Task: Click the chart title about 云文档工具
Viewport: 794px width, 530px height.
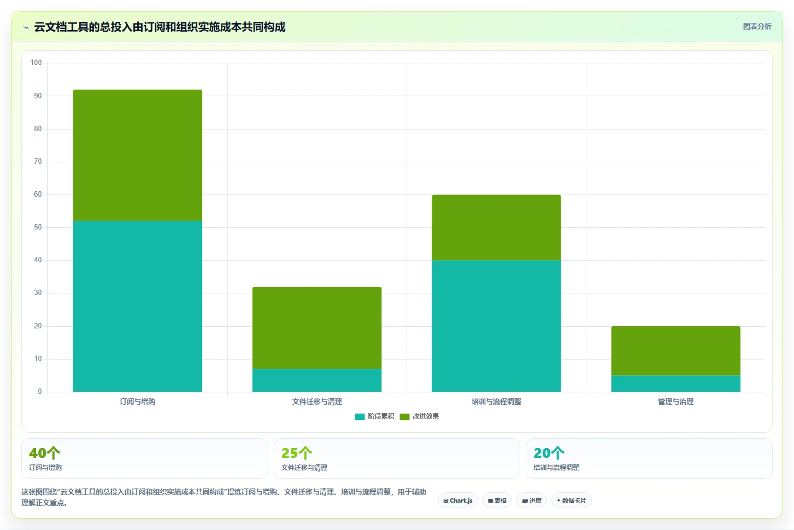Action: click(160, 27)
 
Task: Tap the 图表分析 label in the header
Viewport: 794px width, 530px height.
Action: click(757, 27)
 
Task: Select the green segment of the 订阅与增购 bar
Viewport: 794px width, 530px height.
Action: click(138, 155)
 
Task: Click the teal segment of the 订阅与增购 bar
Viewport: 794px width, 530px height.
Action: click(138, 307)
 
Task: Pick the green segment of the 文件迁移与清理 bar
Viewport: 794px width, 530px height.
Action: click(317, 328)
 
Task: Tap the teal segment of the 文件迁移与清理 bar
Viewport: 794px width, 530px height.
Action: click(317, 380)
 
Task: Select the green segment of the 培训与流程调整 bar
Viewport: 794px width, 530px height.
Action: click(496, 228)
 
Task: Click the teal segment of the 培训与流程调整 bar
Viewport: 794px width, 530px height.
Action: click(496, 326)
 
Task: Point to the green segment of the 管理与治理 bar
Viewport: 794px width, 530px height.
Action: click(675, 351)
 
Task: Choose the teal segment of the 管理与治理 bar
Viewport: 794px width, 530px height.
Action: click(675, 384)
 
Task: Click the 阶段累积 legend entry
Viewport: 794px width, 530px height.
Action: click(374, 416)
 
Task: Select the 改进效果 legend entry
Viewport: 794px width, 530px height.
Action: click(419, 416)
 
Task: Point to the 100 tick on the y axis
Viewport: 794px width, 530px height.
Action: click(36, 63)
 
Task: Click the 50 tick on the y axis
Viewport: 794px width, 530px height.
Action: click(38, 227)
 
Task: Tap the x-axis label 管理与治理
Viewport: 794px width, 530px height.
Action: click(675, 402)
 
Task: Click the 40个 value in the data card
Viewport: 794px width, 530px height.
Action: click(45, 453)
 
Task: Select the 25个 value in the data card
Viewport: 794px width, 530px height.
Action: click(297, 453)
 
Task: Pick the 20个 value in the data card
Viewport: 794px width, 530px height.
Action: click(549, 453)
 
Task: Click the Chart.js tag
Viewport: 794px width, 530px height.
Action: click(457, 500)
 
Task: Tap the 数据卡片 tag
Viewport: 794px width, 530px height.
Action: click(572, 500)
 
